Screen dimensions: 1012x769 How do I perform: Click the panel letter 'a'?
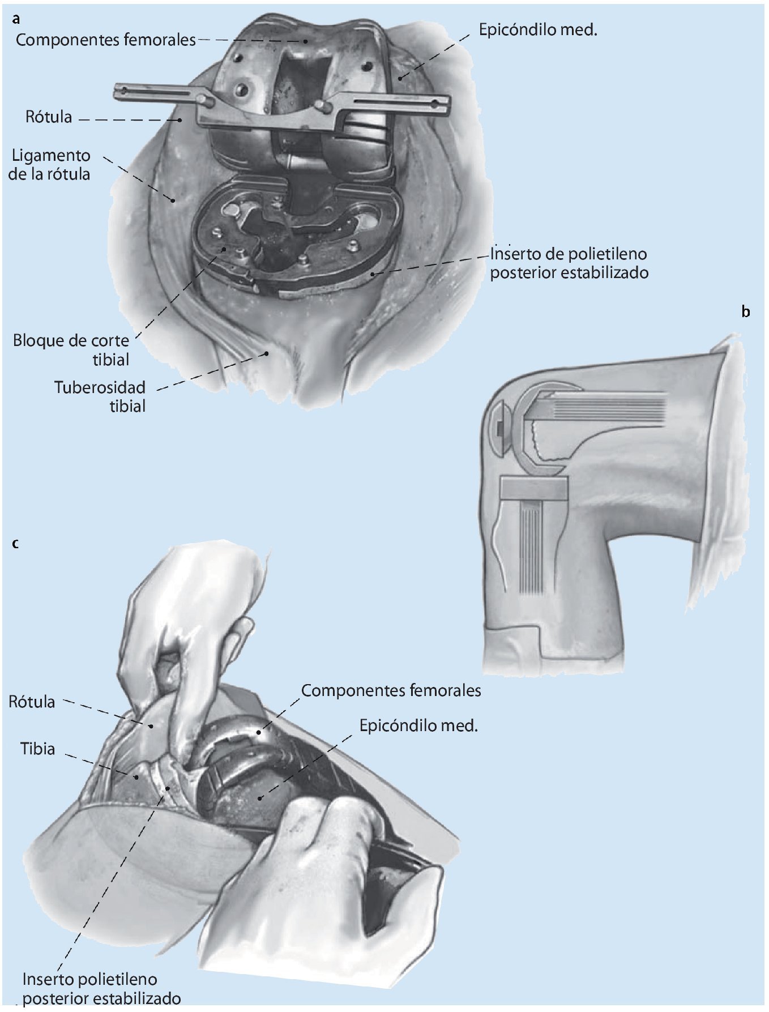coord(16,19)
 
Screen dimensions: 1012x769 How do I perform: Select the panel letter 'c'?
coord(15,543)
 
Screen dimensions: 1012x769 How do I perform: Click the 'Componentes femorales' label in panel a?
coord(105,40)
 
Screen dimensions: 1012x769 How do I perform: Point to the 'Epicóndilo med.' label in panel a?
coord(537,30)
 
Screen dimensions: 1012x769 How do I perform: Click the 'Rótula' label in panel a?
coord(49,117)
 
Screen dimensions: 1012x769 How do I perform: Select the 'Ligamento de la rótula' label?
coord(50,164)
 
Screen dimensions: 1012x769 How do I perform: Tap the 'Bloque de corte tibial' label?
coord(71,350)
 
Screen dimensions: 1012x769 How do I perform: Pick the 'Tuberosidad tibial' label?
coord(100,396)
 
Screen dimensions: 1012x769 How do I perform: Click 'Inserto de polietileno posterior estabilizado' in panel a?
coord(569,263)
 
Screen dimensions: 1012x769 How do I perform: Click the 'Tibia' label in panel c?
coord(38,749)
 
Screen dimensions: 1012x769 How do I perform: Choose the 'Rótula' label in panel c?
coord(32,702)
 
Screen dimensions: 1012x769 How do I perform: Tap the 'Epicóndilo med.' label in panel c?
coord(418,725)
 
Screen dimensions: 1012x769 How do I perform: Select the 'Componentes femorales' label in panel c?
coord(391,690)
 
